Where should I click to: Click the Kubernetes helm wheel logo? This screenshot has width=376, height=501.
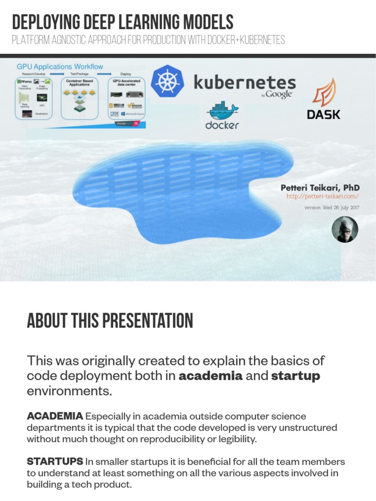pyautogui.click(x=168, y=82)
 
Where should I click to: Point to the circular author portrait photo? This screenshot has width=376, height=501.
pyautogui.click(x=345, y=229)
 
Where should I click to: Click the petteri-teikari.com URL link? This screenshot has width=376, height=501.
pyautogui.click(x=323, y=196)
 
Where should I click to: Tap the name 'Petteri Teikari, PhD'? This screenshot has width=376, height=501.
pyautogui.click(x=320, y=187)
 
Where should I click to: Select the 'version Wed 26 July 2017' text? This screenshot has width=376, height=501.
pyautogui.click(x=332, y=207)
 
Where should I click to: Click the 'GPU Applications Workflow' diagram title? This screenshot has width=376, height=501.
pyautogui.click(x=60, y=66)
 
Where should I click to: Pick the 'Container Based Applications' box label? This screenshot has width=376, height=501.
pyautogui.click(x=79, y=83)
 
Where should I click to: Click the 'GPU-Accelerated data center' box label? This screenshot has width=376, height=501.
pyautogui.click(x=126, y=83)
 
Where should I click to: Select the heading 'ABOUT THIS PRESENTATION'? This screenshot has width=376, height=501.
pyautogui.click(x=110, y=321)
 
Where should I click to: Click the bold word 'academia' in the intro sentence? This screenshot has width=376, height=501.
pyautogui.click(x=211, y=376)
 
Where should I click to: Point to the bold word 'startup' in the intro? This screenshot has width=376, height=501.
pyautogui.click(x=295, y=376)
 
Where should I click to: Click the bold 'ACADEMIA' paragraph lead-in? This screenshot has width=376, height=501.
pyautogui.click(x=55, y=416)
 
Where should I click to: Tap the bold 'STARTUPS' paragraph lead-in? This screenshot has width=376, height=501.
pyautogui.click(x=54, y=461)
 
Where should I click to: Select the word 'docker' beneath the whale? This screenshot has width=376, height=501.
pyautogui.click(x=222, y=125)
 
